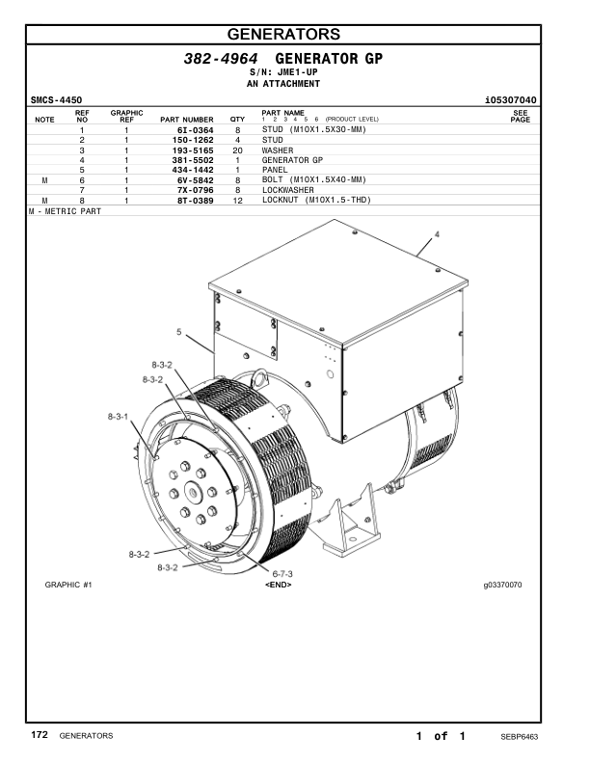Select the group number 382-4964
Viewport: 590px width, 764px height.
221,60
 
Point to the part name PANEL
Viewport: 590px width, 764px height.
276,170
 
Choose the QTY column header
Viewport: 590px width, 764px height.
237,120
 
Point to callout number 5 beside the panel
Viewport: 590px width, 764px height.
179,333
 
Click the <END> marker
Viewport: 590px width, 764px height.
278,586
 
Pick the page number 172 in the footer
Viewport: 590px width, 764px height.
40,735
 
